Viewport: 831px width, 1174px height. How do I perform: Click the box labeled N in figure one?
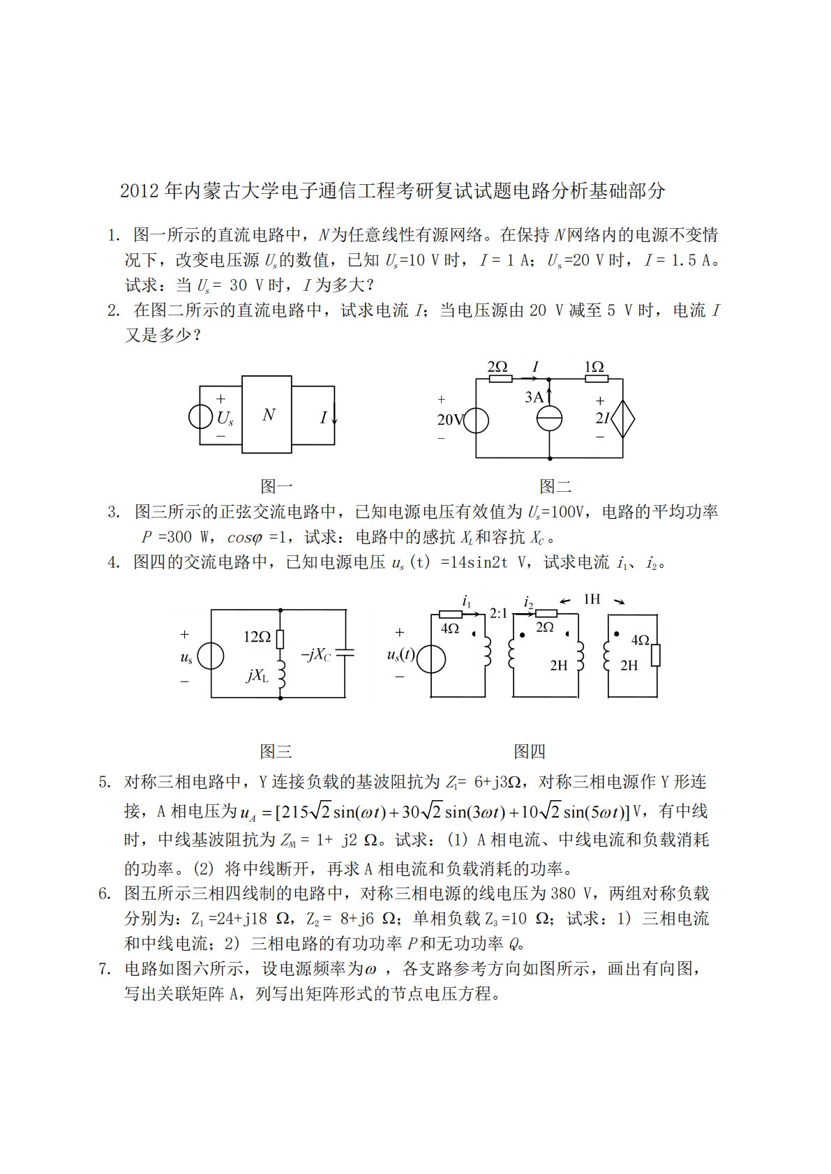click(x=269, y=415)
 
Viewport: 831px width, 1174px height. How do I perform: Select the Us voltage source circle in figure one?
click(x=200, y=416)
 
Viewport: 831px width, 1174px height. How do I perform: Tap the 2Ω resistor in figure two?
click(x=500, y=379)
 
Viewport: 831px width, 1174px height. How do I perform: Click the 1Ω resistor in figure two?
click(x=596, y=379)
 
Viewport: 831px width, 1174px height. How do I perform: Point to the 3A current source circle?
click(x=550, y=419)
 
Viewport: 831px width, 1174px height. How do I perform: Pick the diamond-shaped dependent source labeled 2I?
click(x=622, y=419)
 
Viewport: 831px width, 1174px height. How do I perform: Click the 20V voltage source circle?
click(x=477, y=420)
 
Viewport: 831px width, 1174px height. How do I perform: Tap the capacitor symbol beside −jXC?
click(x=345, y=654)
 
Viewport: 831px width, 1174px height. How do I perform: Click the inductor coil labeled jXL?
click(x=281, y=674)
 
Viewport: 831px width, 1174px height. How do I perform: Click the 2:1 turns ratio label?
click(x=498, y=613)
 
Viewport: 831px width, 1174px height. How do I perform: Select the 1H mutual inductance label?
click(x=591, y=599)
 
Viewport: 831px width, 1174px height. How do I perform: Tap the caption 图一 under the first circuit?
click(x=276, y=486)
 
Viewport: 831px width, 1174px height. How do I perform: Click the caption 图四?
click(x=529, y=751)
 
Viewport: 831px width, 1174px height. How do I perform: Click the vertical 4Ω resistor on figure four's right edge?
click(x=656, y=656)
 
